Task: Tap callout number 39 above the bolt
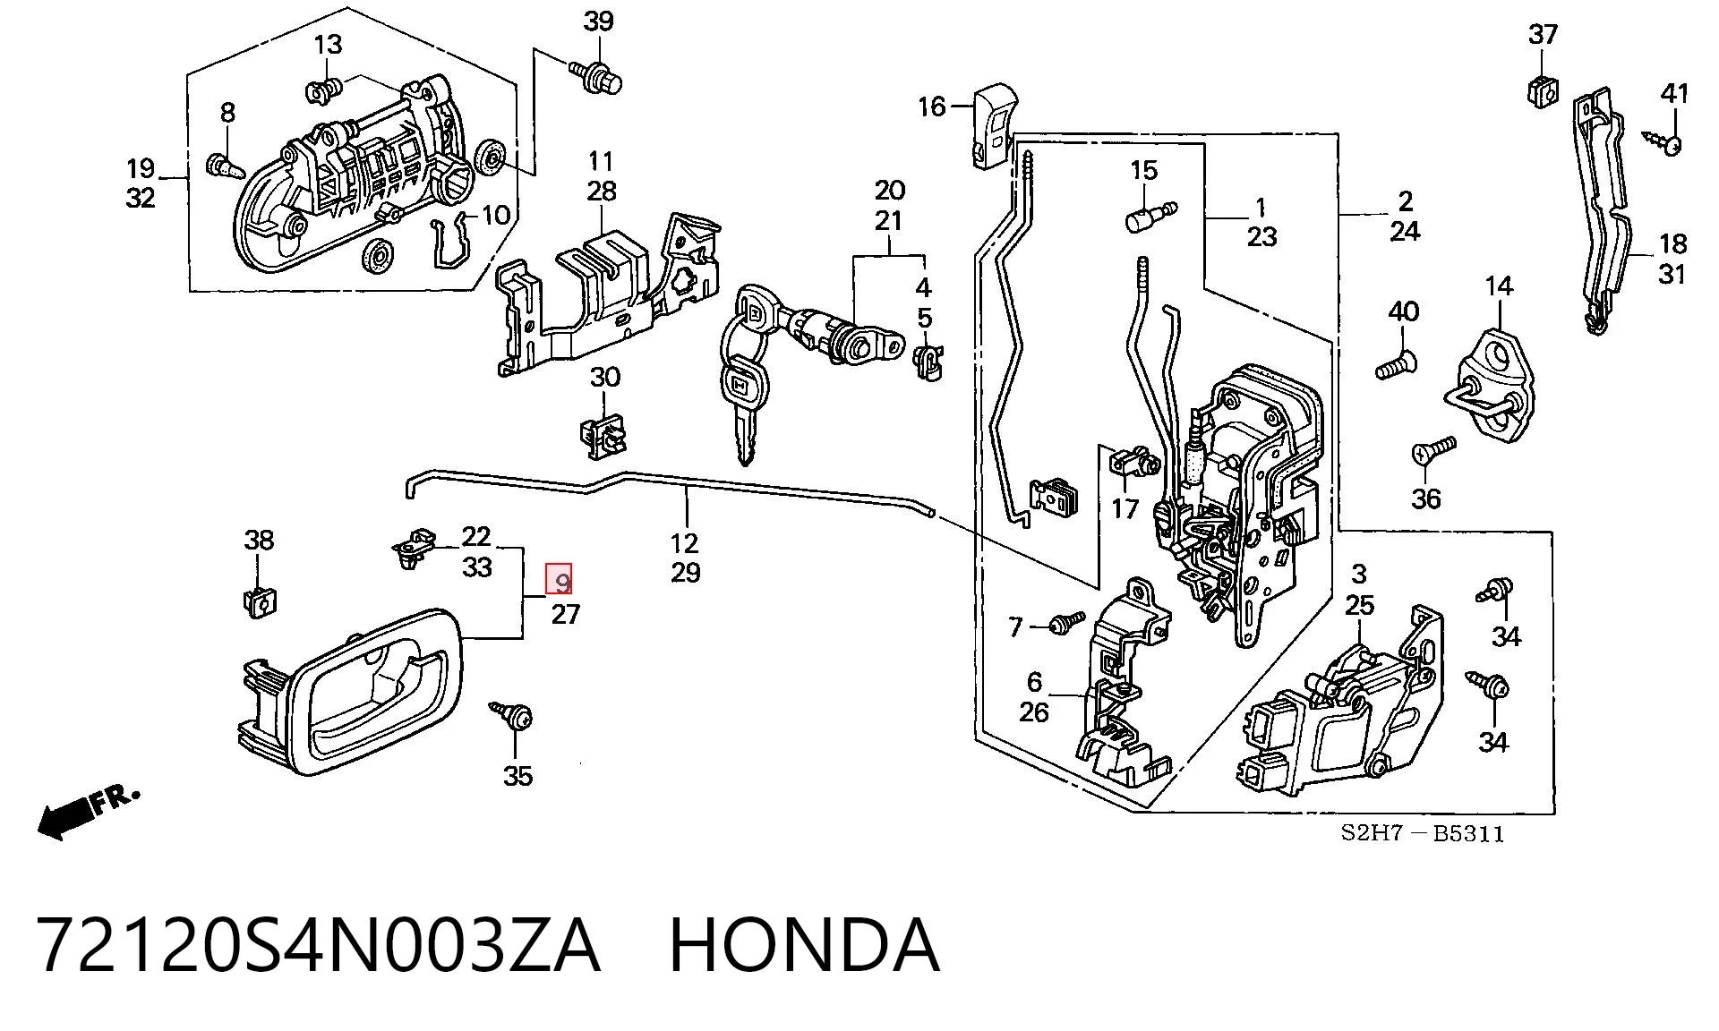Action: pos(598,21)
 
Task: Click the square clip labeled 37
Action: pos(1542,89)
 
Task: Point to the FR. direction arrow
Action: pos(88,812)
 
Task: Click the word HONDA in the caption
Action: pos(804,945)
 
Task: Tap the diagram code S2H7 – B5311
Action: pos(1422,834)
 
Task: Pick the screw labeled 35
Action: pos(513,716)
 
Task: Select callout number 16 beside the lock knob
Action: pos(931,107)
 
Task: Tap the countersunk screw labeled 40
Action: pos(1394,365)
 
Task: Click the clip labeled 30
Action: pos(604,436)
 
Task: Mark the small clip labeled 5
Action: pos(926,361)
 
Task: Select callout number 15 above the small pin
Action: pos(1143,170)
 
